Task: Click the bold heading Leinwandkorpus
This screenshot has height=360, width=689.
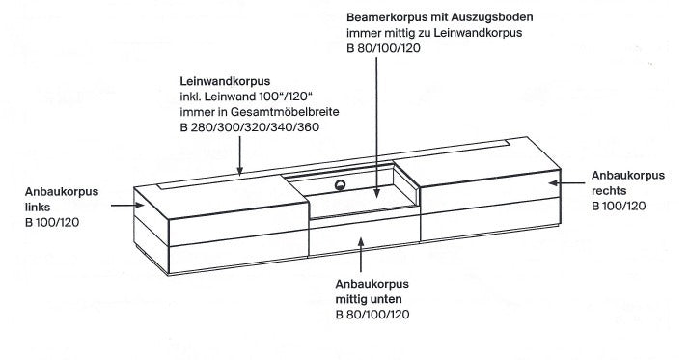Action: (221, 81)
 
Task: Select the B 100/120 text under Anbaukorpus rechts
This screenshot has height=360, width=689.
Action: (618, 207)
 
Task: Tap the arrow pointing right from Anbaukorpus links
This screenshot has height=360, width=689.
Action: (126, 205)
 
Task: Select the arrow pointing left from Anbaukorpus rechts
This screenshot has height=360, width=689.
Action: (570, 180)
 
